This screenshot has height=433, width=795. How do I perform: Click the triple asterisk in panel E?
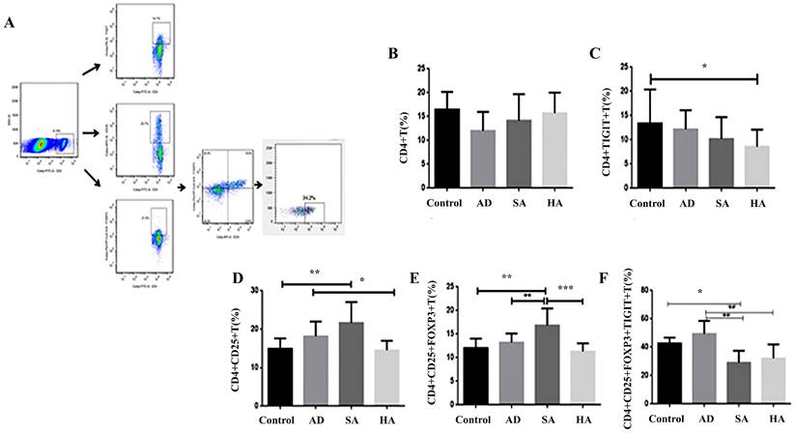565,288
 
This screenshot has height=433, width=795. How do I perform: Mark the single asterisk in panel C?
703,68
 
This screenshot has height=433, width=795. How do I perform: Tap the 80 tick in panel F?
656,290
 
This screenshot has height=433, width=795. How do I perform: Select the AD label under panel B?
491,205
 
